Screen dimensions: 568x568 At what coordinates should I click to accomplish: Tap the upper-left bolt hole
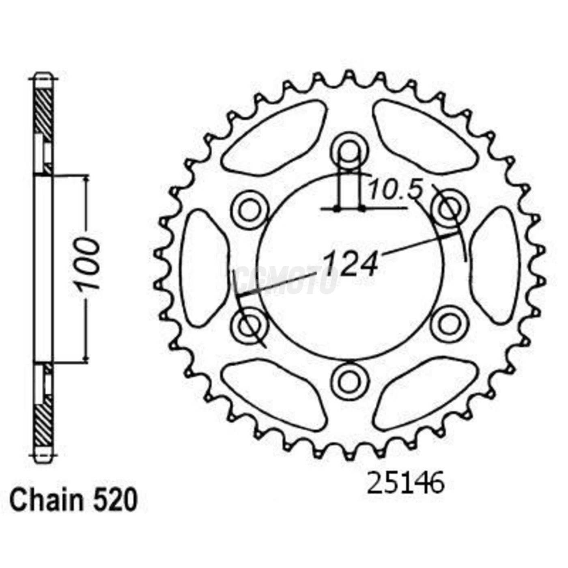click(x=250, y=209)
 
